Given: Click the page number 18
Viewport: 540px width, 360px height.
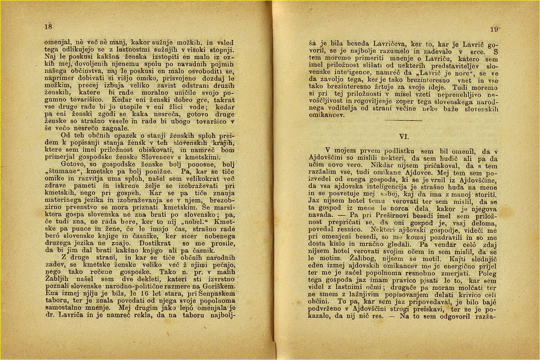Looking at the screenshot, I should click(x=48, y=26).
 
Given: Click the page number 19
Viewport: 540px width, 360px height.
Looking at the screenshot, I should click(x=495, y=29).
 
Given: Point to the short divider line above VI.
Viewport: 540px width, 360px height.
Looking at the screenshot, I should click(x=403, y=120).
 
